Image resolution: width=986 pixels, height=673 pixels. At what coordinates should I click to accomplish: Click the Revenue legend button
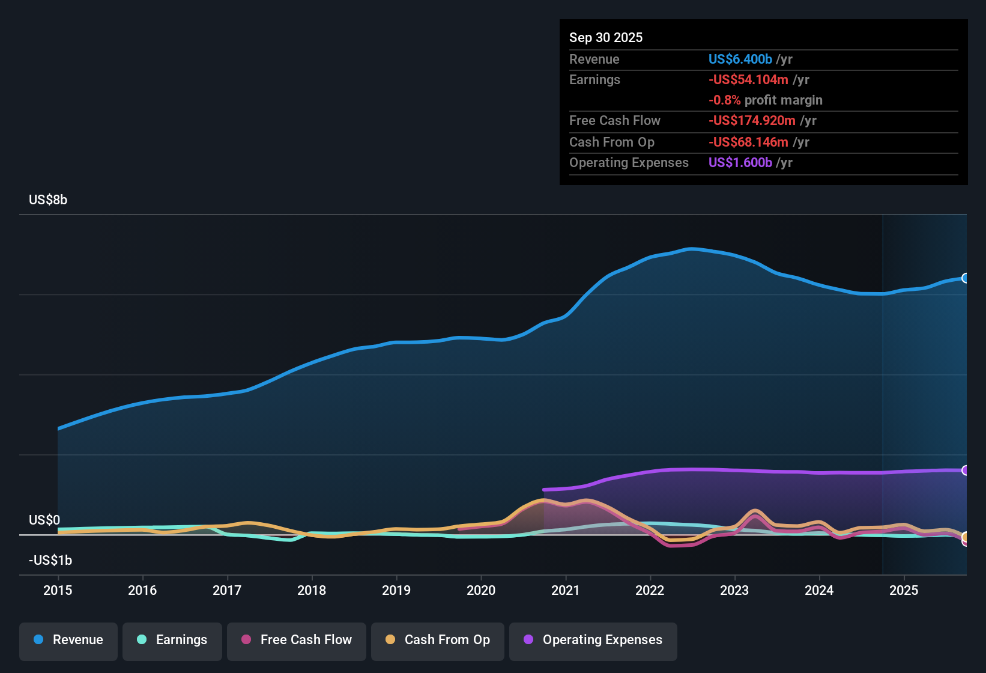(68, 640)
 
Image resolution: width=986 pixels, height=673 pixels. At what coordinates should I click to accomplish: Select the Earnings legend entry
(172, 640)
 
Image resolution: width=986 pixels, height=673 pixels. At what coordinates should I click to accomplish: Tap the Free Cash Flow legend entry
(297, 640)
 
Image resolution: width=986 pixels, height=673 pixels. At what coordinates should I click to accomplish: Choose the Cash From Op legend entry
(438, 640)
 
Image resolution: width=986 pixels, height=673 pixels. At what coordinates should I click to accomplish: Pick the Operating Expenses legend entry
(593, 640)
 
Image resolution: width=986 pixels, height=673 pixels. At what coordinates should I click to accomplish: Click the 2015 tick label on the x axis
(58, 590)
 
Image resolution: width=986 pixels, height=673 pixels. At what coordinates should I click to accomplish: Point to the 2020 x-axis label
(481, 590)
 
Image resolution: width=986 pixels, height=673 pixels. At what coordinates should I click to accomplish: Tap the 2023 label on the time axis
(734, 590)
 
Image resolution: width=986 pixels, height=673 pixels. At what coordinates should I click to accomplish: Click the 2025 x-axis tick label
(904, 590)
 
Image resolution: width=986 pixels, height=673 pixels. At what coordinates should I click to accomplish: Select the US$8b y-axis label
(48, 200)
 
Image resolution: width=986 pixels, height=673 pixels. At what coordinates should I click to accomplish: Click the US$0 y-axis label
(44, 520)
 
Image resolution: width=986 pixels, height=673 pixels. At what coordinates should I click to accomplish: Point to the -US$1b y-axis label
(50, 560)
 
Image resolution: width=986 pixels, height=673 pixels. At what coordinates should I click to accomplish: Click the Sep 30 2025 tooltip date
(606, 37)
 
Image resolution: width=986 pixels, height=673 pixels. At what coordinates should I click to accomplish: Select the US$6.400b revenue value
(740, 59)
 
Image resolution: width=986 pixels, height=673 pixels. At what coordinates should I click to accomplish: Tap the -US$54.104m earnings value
(748, 79)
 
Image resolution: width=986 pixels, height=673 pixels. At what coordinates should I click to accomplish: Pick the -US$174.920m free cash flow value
(752, 120)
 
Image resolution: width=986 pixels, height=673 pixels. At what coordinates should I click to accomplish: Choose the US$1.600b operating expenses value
(740, 162)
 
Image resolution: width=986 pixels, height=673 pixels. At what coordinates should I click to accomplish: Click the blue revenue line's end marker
(965, 278)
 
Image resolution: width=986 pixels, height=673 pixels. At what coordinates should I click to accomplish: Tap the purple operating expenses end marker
(965, 470)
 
